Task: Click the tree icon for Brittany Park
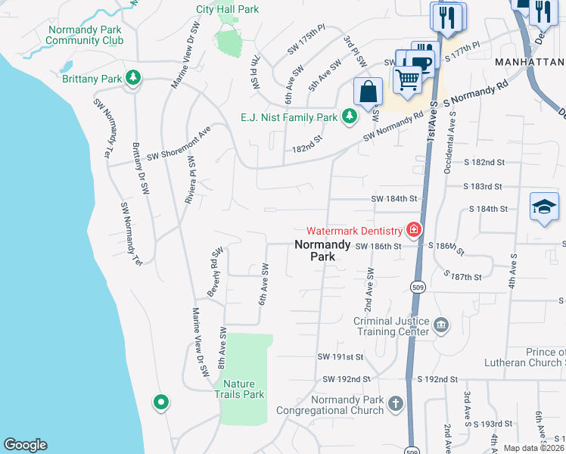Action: tap(133, 78)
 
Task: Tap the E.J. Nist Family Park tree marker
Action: tap(349, 117)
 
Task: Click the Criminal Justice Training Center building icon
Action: tap(441, 326)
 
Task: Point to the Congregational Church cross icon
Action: tap(395, 404)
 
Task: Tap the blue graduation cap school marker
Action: tap(543, 207)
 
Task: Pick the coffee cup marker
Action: tap(423, 61)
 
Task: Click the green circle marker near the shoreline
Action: tap(160, 403)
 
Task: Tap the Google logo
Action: tap(25, 445)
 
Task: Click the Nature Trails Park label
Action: tap(239, 389)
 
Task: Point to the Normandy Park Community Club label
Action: tap(86, 36)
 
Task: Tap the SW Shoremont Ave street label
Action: tap(179, 145)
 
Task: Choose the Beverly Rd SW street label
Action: tap(214, 266)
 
